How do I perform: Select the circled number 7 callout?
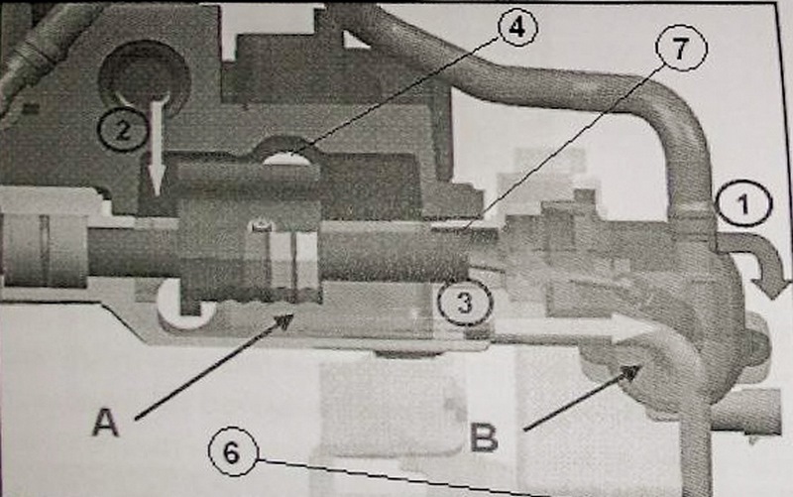click(681, 48)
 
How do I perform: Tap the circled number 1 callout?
click(744, 204)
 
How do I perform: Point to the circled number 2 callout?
click(123, 130)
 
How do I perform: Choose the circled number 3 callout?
click(465, 303)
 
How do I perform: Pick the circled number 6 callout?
click(232, 451)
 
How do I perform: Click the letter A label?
click(106, 423)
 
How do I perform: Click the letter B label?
click(484, 437)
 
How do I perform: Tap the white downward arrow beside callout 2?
click(158, 147)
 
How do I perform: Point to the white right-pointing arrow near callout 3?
click(572, 327)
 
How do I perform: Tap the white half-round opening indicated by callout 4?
click(285, 160)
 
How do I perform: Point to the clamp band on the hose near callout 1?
click(693, 207)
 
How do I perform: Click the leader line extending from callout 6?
click(402, 477)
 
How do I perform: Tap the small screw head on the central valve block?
click(261, 225)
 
